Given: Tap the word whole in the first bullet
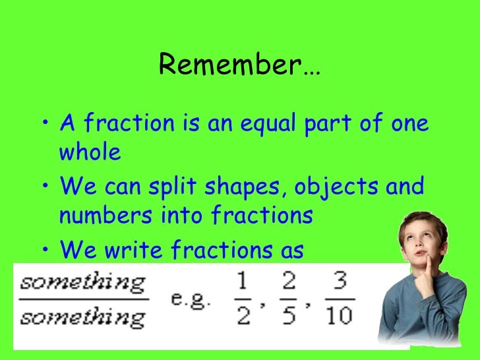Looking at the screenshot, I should pos(90,153).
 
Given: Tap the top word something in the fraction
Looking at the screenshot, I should pos(82,285).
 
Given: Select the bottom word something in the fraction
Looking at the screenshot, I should pos(82,319).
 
